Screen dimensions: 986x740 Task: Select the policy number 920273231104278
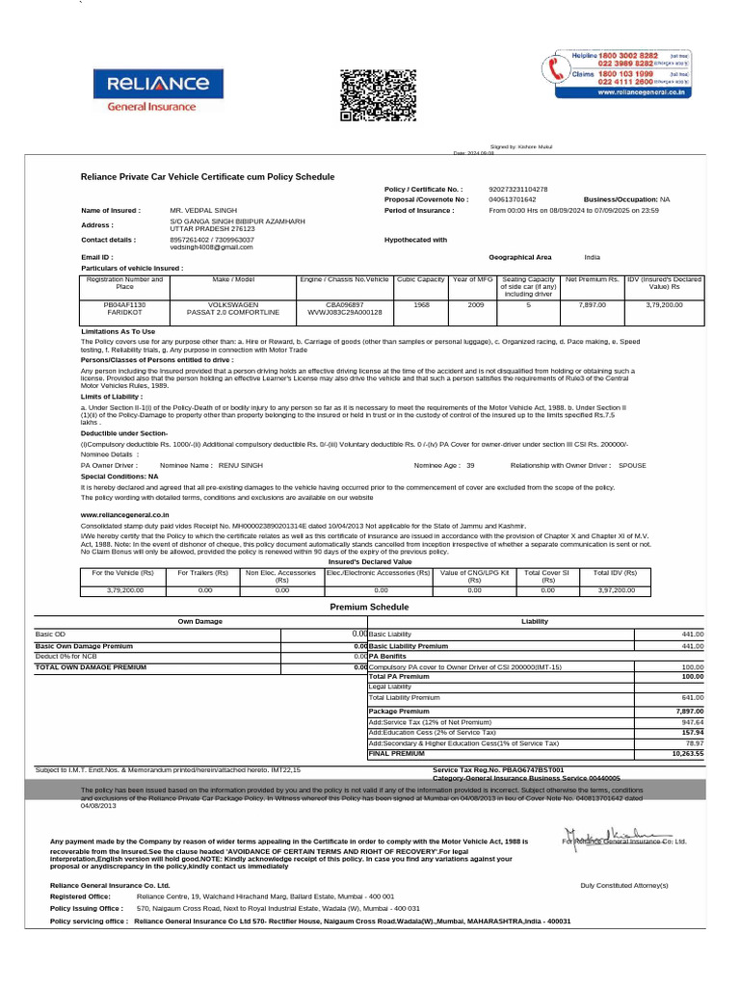click(518, 190)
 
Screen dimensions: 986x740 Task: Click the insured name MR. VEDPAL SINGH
click(202, 209)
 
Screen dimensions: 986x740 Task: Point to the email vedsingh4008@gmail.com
click(211, 246)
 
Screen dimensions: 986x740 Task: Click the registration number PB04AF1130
click(124, 303)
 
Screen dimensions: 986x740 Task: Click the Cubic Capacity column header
click(420, 279)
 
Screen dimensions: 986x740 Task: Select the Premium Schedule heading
click(369, 608)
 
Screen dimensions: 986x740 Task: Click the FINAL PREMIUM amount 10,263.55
click(687, 753)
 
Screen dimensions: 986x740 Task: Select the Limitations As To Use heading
click(118, 331)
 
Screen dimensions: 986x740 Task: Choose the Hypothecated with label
click(415, 240)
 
